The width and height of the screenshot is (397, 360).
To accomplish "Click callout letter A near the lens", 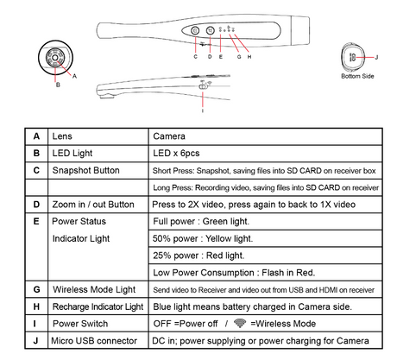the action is coord(74,76).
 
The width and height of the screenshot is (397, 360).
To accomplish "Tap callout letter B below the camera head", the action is coord(58,85).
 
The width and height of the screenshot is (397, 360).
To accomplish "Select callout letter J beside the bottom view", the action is coord(376,57).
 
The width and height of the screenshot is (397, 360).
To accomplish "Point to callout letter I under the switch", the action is coord(203,111).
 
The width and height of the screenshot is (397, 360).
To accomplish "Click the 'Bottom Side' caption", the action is coord(357,76).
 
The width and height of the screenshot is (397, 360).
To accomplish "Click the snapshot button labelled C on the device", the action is coord(195,30).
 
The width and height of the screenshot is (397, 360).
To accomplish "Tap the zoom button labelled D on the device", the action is coord(211,30).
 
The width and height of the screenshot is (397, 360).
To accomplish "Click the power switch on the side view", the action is coord(203,86).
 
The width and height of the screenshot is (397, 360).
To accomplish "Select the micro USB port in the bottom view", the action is coord(353,57).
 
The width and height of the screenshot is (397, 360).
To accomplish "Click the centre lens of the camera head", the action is coord(55,58).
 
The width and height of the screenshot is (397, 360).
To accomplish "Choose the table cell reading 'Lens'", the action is coord(62,136).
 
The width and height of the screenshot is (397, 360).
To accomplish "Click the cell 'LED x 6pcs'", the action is coord(176,153).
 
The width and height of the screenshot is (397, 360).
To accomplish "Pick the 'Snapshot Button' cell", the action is coord(85,170).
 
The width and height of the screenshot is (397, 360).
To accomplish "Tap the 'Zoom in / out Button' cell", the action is coord(93,205).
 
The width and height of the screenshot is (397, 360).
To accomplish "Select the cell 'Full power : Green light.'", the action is coord(201,221).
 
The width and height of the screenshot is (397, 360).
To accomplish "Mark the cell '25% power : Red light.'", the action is coord(198,256).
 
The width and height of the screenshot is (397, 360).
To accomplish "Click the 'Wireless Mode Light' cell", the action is coord(94,289).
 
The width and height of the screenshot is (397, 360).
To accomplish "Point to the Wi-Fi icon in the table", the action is coord(240,323).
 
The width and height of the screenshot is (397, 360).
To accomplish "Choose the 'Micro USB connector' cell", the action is coord(94,341).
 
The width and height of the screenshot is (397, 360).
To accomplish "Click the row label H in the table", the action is coord(36,306).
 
